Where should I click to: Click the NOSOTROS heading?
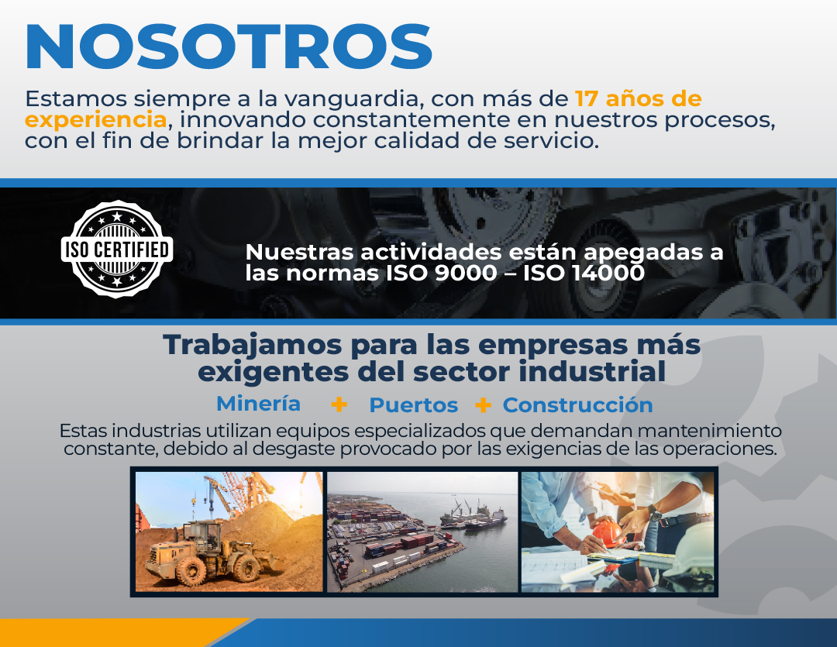pos(229,46)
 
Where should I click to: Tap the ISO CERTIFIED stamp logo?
pos(117,249)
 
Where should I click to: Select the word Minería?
pos(258,404)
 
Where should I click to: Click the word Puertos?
pos(414,405)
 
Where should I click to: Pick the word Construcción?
pos(577,405)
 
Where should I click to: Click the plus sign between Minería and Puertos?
pos(339,404)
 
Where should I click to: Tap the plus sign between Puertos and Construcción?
pos(483,405)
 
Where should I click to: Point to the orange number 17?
pos(587,98)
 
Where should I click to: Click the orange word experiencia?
pos(96,120)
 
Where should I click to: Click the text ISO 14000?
pos(584,274)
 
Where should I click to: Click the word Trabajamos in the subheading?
pos(253,346)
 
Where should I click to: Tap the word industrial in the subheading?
pos(592,372)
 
